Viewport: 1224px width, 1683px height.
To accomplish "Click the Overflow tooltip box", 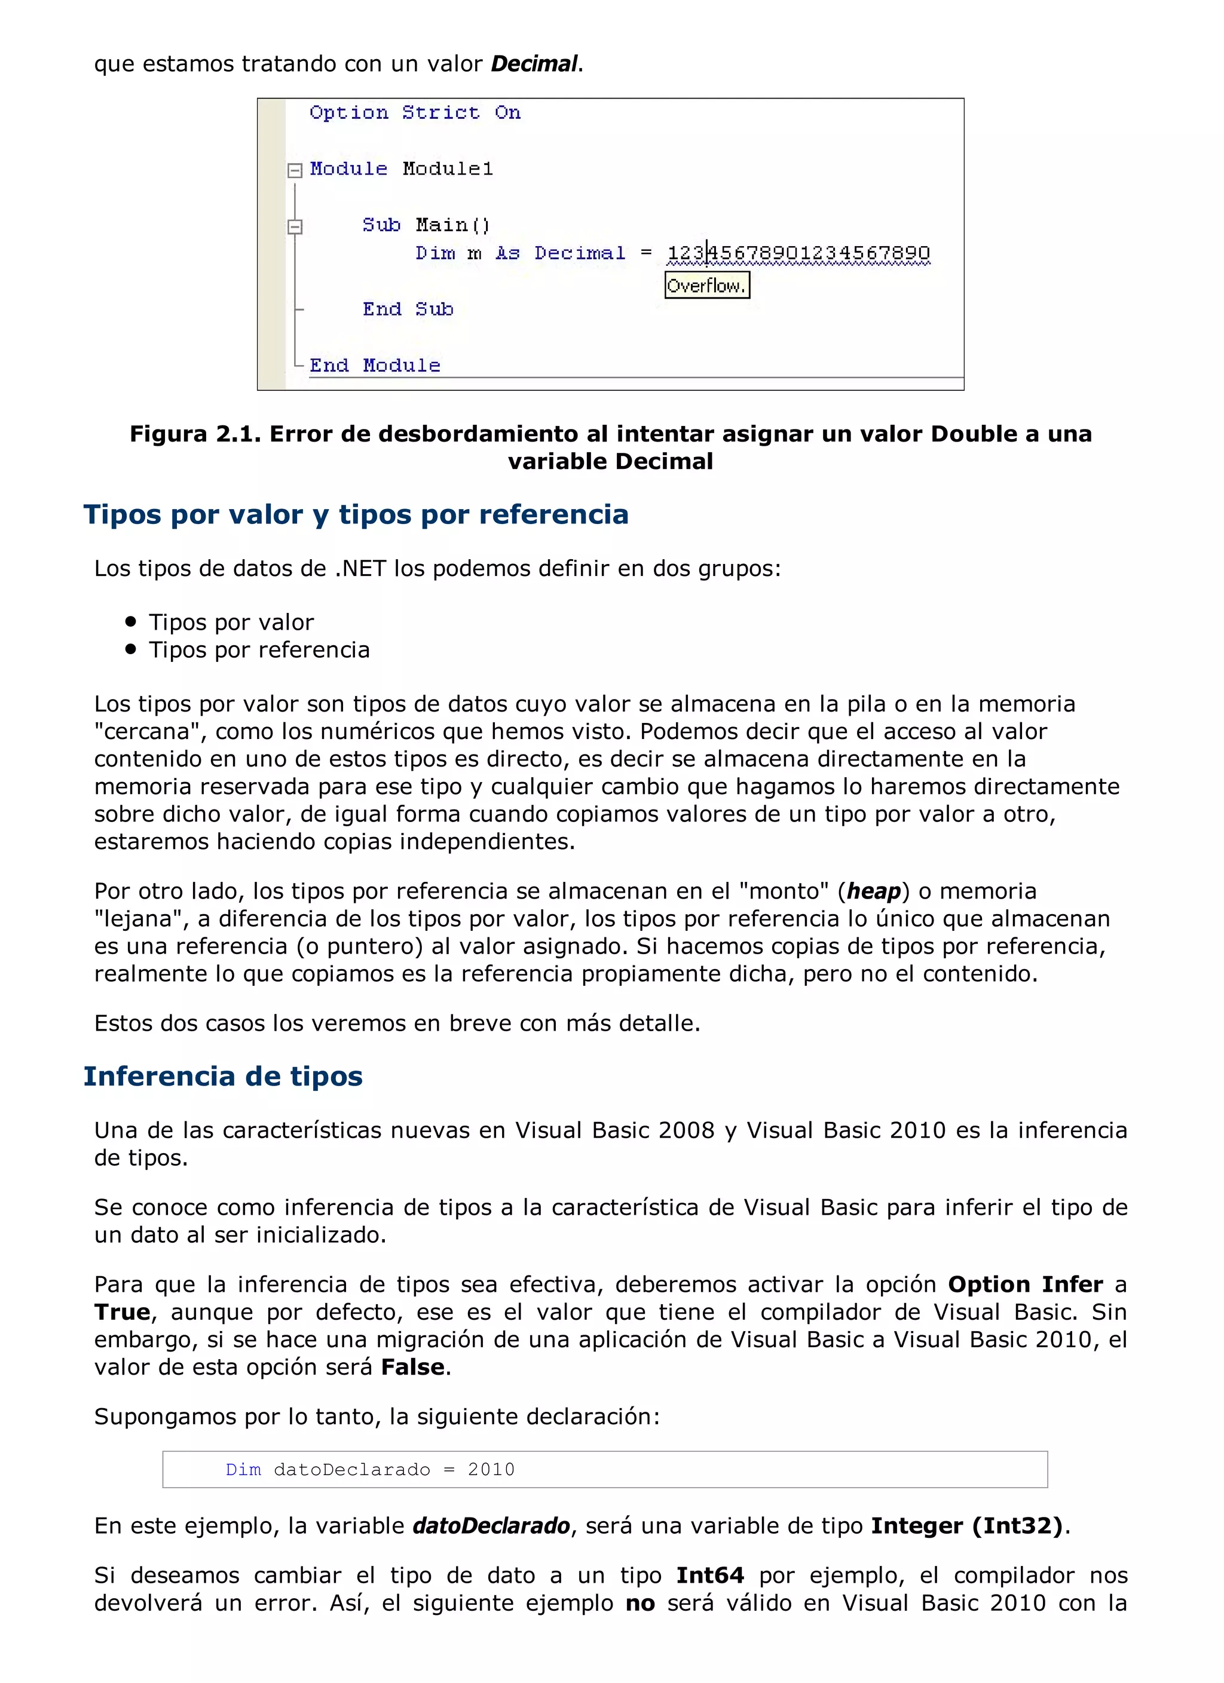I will (706, 285).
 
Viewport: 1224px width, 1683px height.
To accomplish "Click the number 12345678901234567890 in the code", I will (798, 253).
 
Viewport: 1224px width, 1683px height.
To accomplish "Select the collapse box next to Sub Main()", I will (295, 226).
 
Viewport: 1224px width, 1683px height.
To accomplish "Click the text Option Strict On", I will (415, 113).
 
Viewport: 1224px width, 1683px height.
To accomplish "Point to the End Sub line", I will (408, 309).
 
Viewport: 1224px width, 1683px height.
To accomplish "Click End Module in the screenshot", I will (375, 365).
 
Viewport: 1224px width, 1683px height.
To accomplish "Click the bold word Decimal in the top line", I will (534, 64).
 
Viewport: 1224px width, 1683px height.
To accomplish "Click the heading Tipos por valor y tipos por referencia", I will (356, 514).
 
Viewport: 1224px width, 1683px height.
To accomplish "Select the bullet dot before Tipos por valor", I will (131, 621).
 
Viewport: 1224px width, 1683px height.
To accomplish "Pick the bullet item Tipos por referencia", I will (259, 649).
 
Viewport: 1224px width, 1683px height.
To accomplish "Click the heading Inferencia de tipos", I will (223, 1076).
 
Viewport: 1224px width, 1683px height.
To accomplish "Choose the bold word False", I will (413, 1367).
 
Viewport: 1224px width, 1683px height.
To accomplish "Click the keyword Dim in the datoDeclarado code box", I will (243, 1469).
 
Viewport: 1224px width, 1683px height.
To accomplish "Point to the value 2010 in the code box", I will (491, 1469).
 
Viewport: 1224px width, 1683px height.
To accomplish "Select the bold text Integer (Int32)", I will (967, 1526).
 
